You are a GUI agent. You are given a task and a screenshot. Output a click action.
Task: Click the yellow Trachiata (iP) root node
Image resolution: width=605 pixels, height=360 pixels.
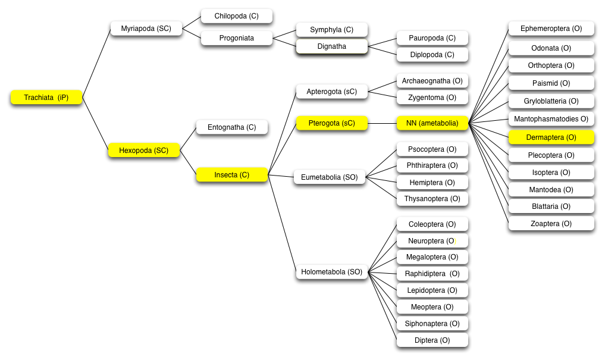click(46, 97)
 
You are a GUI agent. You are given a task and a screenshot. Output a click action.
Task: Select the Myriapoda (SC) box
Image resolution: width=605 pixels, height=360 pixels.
click(146, 29)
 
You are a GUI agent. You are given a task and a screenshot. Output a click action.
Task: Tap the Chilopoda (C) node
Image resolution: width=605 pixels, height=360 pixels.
click(237, 16)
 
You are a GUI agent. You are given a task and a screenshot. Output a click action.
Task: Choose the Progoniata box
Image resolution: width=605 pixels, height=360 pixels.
click(237, 38)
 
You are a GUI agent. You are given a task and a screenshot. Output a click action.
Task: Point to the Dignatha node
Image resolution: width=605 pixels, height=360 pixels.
click(332, 46)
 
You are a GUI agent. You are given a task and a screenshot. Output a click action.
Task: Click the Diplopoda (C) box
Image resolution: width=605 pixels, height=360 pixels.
click(432, 55)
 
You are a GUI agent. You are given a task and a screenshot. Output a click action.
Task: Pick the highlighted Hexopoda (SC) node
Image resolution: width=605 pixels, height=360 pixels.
click(144, 150)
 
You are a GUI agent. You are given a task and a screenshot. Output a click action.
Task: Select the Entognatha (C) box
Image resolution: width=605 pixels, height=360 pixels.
click(232, 127)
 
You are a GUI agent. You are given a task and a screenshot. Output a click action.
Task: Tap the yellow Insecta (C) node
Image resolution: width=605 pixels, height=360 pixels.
click(232, 175)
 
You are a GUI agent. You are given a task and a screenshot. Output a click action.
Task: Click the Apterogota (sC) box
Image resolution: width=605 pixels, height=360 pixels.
click(332, 92)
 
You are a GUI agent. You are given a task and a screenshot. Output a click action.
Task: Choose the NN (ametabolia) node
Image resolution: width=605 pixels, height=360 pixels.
click(432, 124)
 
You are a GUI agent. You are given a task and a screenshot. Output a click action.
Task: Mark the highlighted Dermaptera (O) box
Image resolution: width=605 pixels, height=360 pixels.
click(551, 137)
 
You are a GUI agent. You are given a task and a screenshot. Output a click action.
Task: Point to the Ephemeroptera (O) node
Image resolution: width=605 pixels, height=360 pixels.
click(551, 29)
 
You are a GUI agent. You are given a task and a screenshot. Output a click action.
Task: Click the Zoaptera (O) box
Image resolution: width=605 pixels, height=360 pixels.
click(551, 224)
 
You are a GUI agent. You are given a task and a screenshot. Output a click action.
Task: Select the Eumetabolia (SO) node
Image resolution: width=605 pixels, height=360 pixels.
click(330, 177)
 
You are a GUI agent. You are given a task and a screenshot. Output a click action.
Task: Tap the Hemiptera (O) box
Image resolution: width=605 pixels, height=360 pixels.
click(432, 183)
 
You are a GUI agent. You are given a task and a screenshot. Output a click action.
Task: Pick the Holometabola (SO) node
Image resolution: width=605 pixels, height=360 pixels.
click(332, 272)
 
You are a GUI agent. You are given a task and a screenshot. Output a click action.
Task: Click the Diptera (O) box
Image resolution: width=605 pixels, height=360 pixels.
click(432, 340)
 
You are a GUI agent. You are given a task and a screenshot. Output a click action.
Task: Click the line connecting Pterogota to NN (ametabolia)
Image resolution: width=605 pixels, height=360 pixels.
click(382, 124)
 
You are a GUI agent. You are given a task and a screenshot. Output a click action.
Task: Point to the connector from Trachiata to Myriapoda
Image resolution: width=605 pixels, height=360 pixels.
click(96, 63)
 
